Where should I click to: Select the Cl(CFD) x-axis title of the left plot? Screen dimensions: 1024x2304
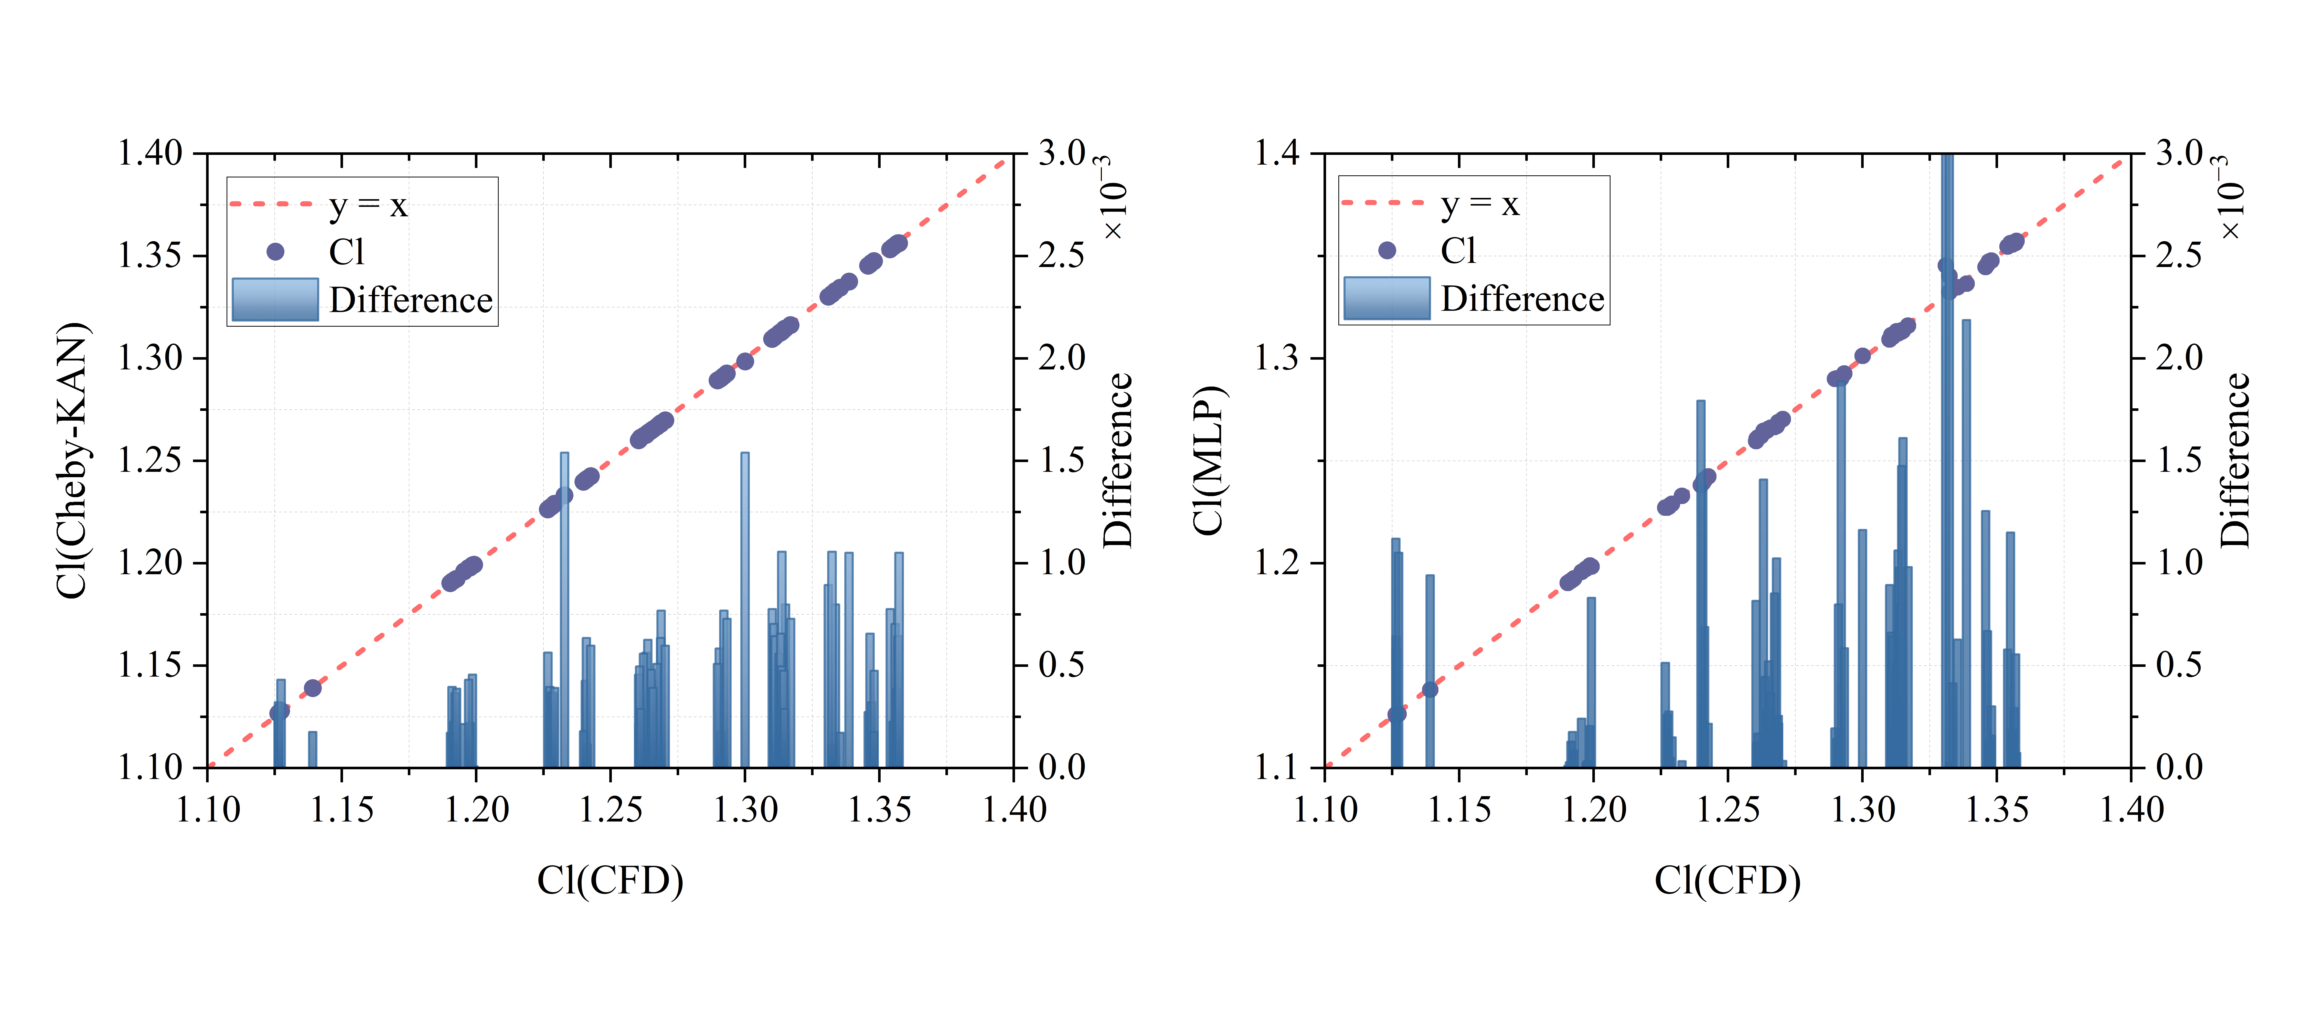point(610,881)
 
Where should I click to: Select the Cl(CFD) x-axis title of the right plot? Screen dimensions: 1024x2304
point(1727,881)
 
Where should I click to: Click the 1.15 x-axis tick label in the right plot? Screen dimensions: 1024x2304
point(1459,810)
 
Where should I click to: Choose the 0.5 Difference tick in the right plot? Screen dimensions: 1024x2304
point(2179,665)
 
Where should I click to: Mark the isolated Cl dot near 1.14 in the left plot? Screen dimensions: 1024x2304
point(312,688)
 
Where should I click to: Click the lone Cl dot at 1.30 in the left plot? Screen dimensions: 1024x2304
point(745,361)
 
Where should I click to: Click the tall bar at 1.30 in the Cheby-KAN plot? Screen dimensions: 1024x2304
point(745,608)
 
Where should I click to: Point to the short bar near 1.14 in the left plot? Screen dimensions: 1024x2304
point(312,750)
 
